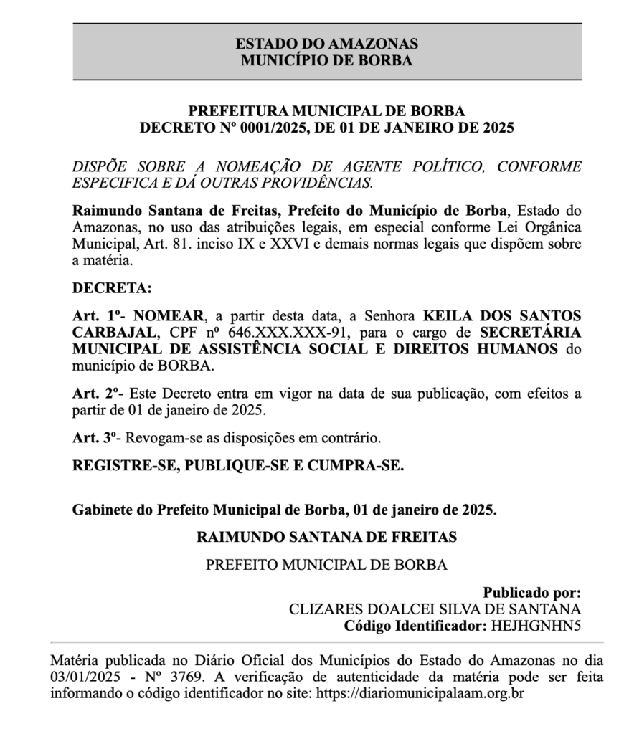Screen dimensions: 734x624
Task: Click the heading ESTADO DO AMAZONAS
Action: tap(326, 44)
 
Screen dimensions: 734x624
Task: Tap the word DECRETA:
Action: tap(113, 289)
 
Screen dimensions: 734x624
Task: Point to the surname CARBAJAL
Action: tap(113, 333)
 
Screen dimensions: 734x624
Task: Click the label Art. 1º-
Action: tap(98, 315)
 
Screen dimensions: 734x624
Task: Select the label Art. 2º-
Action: tap(98, 394)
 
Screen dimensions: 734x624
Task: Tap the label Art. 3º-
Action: tap(98, 437)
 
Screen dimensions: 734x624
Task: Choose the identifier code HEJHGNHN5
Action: tap(536, 626)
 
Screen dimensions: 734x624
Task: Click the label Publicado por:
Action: tap(531, 593)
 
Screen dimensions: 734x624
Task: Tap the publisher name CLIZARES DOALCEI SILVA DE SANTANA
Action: tap(435, 609)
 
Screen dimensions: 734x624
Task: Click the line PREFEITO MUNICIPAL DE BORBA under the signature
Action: tap(326, 565)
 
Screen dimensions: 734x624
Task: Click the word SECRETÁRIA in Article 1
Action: tap(530, 333)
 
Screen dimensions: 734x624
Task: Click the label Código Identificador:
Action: tap(415, 626)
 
